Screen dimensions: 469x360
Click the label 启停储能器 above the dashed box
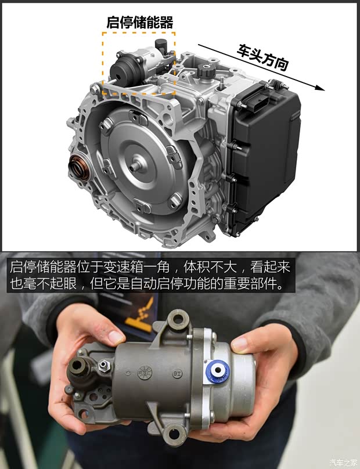pos(140,22)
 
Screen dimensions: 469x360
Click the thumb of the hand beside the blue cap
pos(243,344)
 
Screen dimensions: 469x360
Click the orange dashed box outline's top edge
pos(139,33)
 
